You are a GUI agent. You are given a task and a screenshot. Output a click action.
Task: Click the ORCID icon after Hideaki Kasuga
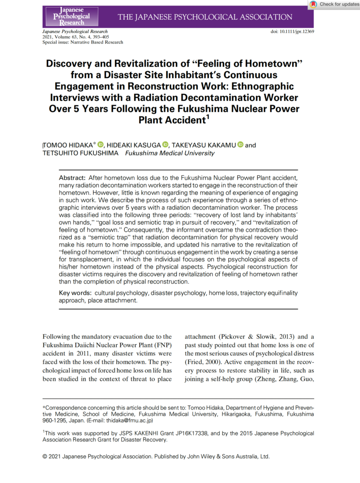click(x=165, y=145)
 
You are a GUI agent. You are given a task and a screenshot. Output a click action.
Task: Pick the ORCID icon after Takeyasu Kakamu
click(x=240, y=145)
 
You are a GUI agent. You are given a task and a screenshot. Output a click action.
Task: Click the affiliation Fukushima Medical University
click(x=164, y=153)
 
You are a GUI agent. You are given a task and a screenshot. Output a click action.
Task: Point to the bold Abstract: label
click(x=72, y=179)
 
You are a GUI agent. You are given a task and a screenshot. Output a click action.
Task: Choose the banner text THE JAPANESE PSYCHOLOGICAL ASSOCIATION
click(x=205, y=17)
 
